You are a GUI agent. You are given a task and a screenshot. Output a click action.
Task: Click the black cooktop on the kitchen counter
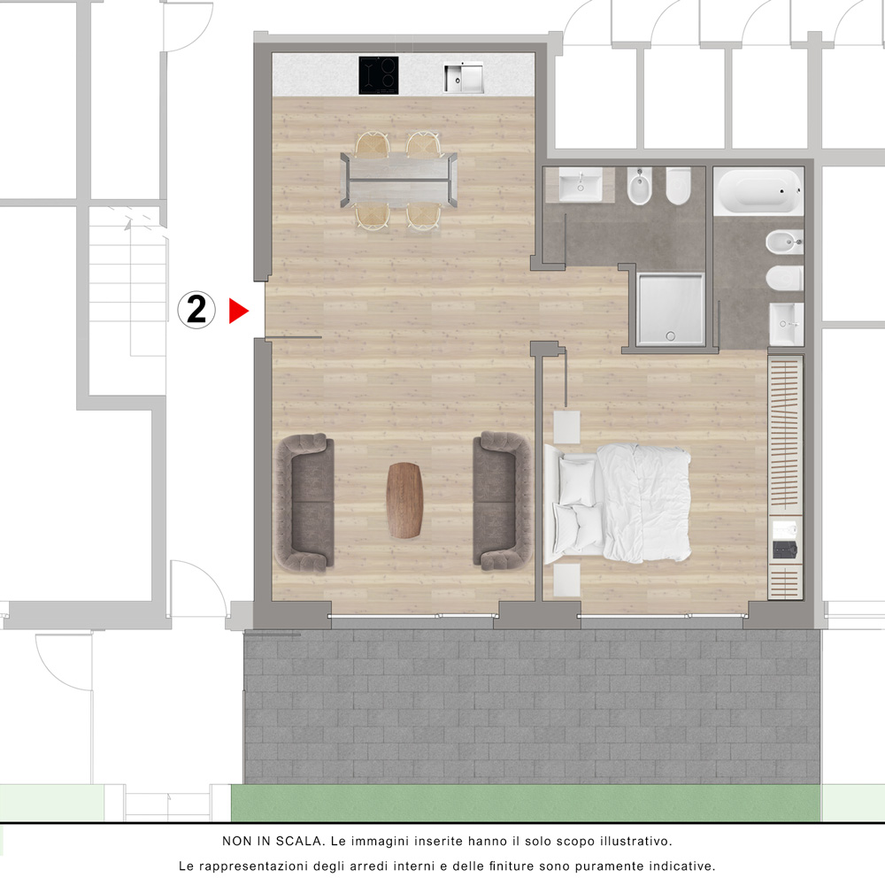coord(378,75)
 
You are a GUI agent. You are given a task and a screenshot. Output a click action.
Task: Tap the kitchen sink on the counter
coord(463,77)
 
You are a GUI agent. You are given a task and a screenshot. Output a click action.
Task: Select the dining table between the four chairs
coord(398,180)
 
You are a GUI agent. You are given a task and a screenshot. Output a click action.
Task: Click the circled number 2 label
coord(196,310)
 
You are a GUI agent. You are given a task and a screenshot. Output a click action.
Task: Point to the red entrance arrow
coord(237,311)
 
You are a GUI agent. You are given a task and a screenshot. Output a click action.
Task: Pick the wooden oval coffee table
coord(404,500)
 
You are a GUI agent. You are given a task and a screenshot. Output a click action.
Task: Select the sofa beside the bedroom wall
coord(502,500)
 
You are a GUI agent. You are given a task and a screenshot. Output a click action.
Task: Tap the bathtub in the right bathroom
coord(758,192)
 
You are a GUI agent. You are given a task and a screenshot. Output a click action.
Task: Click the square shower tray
coord(671,309)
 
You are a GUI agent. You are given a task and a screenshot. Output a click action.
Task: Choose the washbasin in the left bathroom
coord(581,185)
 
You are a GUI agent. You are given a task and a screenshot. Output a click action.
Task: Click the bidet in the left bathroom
coord(640,186)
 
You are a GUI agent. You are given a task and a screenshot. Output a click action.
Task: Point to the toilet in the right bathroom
coord(785,278)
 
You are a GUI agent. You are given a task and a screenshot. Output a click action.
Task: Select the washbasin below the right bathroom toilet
coord(786,324)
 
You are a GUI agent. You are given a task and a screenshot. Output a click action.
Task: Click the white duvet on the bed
coord(643,503)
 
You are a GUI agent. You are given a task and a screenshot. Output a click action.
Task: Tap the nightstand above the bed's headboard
coord(566,427)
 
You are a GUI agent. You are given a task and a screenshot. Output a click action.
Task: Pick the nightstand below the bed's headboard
coord(566,580)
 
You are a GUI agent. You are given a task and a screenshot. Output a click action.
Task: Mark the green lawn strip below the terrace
coord(526,803)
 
